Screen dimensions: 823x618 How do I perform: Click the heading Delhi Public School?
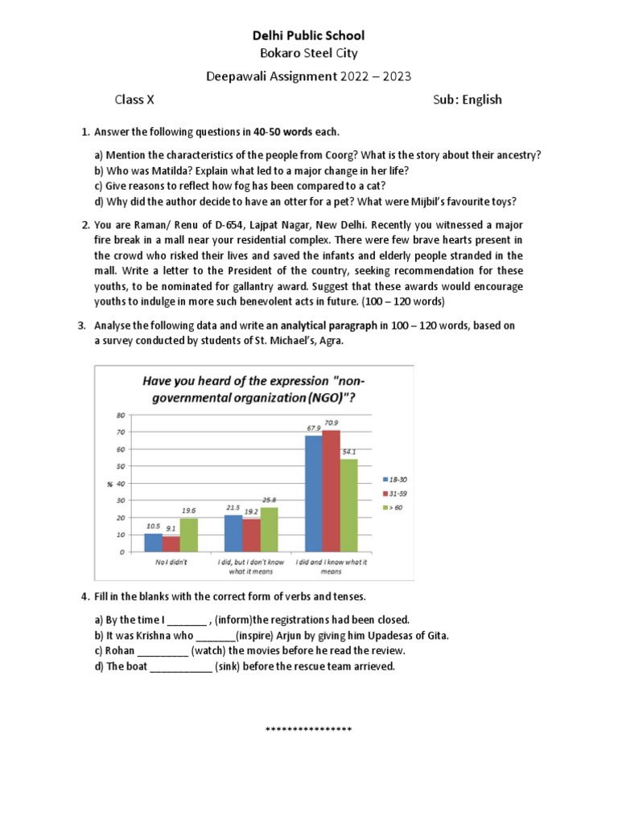(309, 35)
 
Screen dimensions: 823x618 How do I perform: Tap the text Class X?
(134, 100)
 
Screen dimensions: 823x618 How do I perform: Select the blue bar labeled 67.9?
(313, 493)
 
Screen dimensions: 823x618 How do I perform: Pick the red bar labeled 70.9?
(331, 491)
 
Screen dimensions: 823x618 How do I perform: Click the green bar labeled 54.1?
(348, 506)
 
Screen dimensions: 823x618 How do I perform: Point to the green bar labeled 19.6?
(187, 535)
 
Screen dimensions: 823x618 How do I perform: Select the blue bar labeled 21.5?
(233, 534)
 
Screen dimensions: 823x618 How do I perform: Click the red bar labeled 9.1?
(170, 544)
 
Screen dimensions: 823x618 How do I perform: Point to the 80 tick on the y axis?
(121, 415)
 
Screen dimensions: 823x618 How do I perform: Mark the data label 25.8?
(269, 501)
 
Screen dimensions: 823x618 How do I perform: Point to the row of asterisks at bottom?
(309, 730)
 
